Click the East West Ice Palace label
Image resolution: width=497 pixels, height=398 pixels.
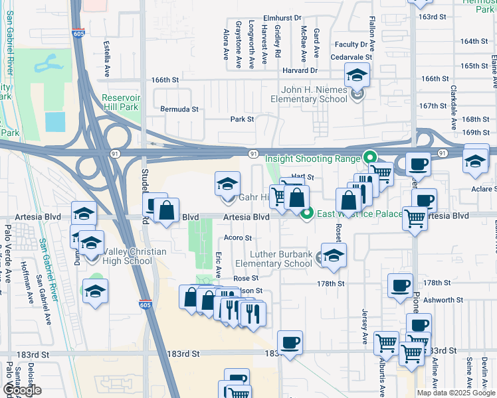pyautogui.click(x=359, y=214)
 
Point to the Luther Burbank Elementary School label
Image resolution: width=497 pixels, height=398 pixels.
pyautogui.click(x=281, y=259)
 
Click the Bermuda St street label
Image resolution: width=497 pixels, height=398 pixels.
pyautogui.click(x=179, y=108)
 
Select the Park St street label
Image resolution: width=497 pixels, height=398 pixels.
pyautogui.click(x=243, y=119)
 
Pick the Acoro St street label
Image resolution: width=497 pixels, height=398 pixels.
pyautogui.click(x=238, y=237)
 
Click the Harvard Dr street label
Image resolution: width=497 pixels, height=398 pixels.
pyautogui.click(x=300, y=70)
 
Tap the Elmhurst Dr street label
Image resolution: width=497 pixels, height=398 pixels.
pyautogui.click(x=282, y=18)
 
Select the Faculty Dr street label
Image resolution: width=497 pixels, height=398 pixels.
pyautogui.click(x=351, y=44)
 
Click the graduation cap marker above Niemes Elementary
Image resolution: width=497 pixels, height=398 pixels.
pyautogui.click(x=357, y=76)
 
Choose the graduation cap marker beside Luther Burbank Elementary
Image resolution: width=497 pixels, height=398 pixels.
pyautogui.click(x=334, y=255)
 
